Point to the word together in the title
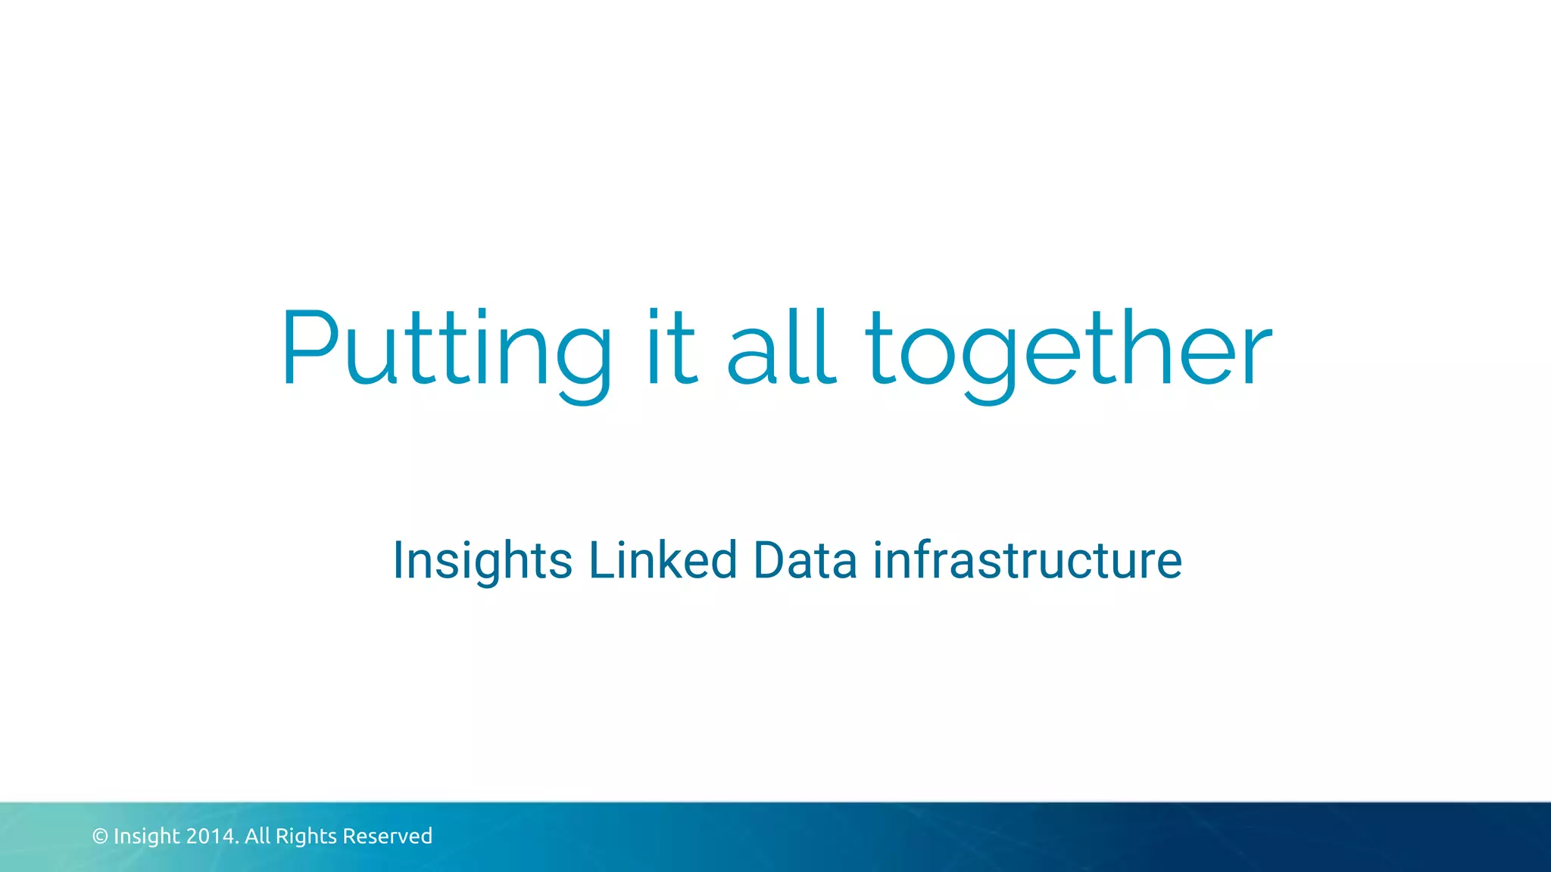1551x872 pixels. [1069, 350]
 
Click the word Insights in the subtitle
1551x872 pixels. [482, 561]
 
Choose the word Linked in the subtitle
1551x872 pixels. [663, 561]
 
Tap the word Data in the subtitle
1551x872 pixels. [805, 561]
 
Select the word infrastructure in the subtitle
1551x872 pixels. [1028, 561]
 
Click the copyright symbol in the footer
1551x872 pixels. [100, 836]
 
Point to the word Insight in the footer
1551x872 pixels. [147, 836]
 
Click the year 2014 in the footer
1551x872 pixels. [213, 836]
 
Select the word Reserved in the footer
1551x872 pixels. [388, 836]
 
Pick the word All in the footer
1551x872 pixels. [257, 836]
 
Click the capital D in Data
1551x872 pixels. [770, 561]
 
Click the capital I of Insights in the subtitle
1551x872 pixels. [399, 561]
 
